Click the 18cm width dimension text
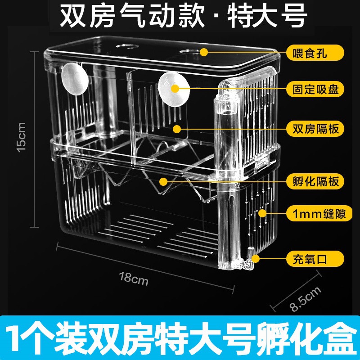[x=133, y=278]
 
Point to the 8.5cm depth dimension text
[x=306, y=299]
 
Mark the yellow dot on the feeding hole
[x=204, y=52]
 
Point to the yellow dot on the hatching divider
[x=163, y=181]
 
